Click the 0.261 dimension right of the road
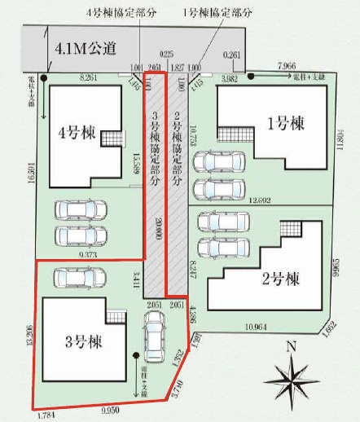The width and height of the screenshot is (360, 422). point(232,55)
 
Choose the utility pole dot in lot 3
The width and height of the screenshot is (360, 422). point(136,355)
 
